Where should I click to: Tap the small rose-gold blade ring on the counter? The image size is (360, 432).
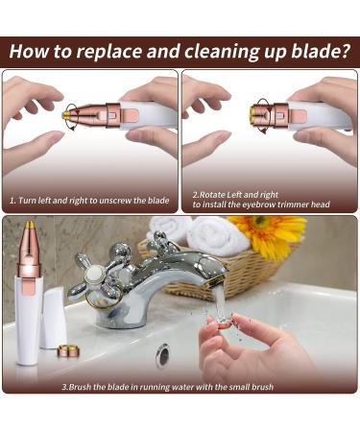tap(68, 351)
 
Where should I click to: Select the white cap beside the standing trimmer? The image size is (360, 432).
tap(55, 318)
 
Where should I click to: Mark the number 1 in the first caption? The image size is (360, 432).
tap(12, 200)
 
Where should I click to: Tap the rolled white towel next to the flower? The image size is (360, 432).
tap(204, 234)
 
